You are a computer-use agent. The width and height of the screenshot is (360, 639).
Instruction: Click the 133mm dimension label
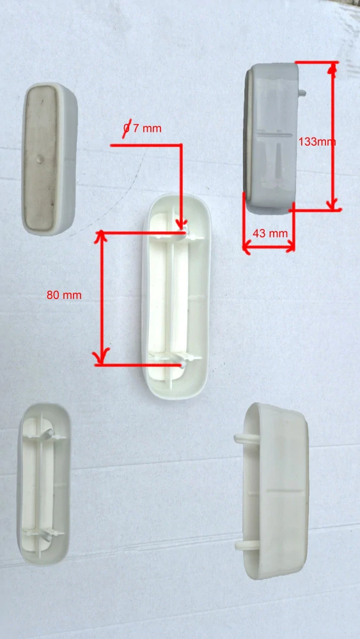pyautogui.click(x=317, y=142)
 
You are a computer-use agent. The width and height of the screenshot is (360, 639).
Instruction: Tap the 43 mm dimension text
pyautogui.click(x=270, y=233)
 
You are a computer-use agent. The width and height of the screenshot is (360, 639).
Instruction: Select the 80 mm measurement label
pyautogui.click(x=64, y=295)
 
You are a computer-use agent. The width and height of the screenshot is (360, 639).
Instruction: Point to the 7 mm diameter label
pyautogui.click(x=143, y=128)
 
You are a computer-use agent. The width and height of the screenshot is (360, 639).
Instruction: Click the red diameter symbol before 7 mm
pyautogui.click(x=127, y=128)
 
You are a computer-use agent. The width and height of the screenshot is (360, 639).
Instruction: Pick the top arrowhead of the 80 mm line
pyautogui.click(x=100, y=237)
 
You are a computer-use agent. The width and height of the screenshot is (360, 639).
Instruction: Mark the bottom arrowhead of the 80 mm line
pyautogui.click(x=101, y=357)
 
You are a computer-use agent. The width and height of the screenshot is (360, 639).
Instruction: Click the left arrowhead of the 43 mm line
pyautogui.click(x=247, y=247)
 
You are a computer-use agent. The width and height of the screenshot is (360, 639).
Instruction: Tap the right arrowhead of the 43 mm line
pyautogui.click(x=290, y=247)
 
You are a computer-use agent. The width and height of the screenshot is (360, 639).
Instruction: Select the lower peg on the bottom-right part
pyautogui.click(x=247, y=545)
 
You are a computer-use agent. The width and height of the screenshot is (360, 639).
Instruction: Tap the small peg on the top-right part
pyautogui.click(x=302, y=93)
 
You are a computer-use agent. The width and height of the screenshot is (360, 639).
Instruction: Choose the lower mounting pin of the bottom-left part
pyautogui.click(x=47, y=535)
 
